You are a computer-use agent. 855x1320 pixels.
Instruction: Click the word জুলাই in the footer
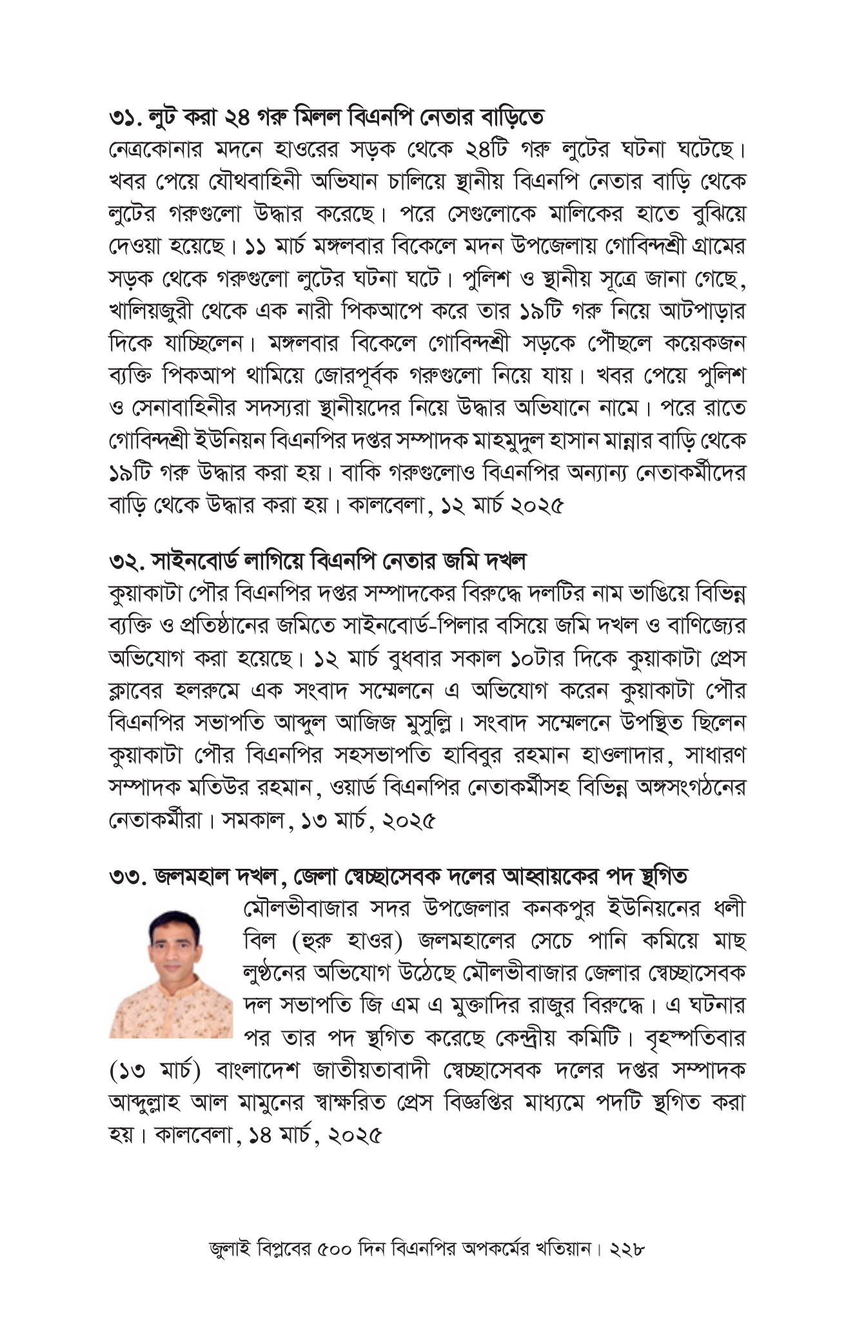pyautogui.click(x=229, y=1249)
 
